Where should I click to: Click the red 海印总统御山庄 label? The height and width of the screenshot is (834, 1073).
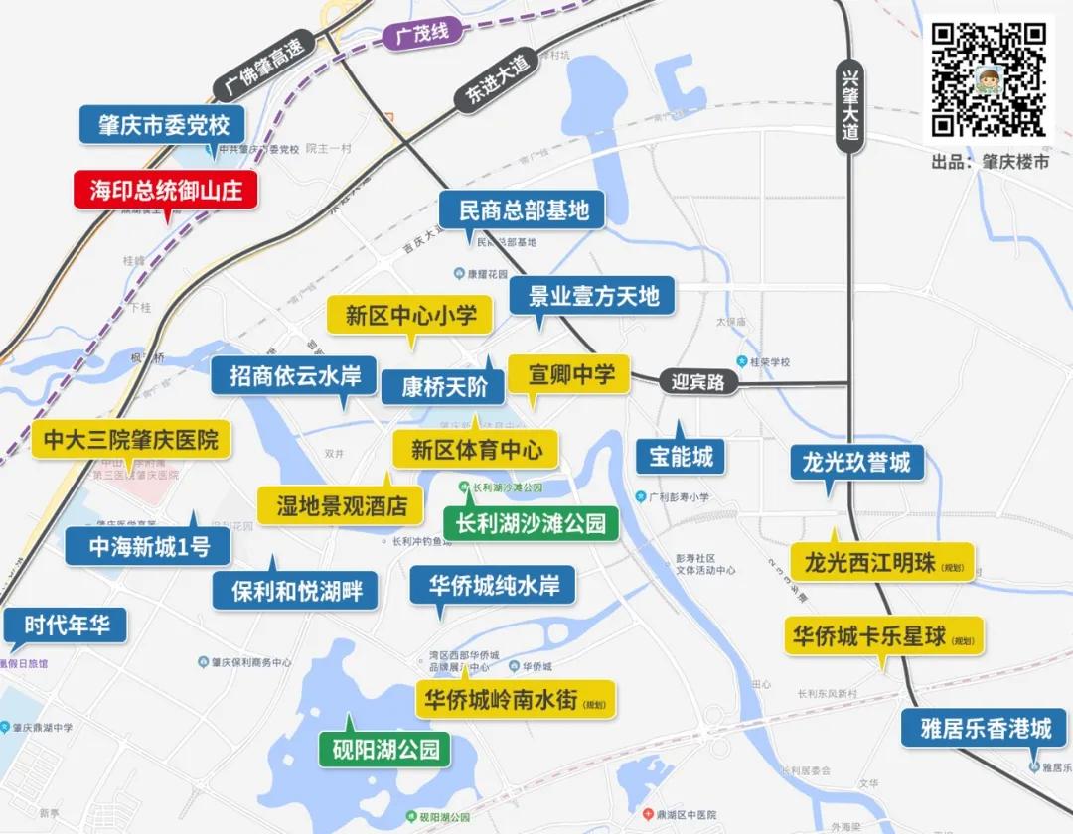[x=166, y=190]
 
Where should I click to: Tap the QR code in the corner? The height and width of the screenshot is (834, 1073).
[x=990, y=79]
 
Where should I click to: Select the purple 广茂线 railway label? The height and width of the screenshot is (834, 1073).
[x=423, y=33]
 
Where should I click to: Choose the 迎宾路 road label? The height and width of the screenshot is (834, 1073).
[x=697, y=381]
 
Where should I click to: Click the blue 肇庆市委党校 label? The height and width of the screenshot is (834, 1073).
[x=164, y=125]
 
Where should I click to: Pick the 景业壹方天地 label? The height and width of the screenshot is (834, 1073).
[x=592, y=296]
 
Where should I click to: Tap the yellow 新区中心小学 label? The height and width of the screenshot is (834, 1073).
[x=410, y=316]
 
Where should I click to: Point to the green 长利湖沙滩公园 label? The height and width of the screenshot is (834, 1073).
[x=531, y=522]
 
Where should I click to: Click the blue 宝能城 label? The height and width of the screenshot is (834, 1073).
[x=681, y=457]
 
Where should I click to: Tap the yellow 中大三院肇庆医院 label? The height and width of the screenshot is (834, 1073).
[x=131, y=439]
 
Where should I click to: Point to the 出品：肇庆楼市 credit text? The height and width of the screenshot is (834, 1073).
[x=990, y=162]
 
